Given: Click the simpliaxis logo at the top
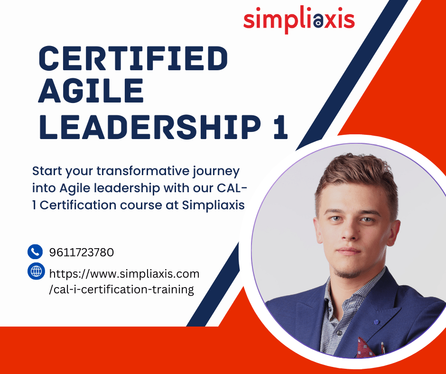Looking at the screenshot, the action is click(299, 19).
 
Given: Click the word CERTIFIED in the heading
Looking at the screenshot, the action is click(133, 58).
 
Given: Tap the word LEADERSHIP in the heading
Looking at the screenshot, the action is click(150, 127).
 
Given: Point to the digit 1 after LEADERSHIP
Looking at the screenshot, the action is click(280, 127).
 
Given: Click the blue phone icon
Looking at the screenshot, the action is click(35, 252).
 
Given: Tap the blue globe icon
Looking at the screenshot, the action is click(36, 271).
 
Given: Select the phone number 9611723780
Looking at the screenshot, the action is click(81, 252).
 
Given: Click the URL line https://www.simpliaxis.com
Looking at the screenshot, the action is click(124, 274).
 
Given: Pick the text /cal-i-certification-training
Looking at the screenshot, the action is click(121, 290).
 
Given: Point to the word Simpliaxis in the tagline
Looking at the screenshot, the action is click(213, 205).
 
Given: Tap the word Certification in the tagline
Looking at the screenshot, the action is click(78, 205).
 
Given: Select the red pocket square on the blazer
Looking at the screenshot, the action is click(365, 347).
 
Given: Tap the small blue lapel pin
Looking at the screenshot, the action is click(376, 322).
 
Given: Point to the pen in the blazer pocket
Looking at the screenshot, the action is click(383, 348).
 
